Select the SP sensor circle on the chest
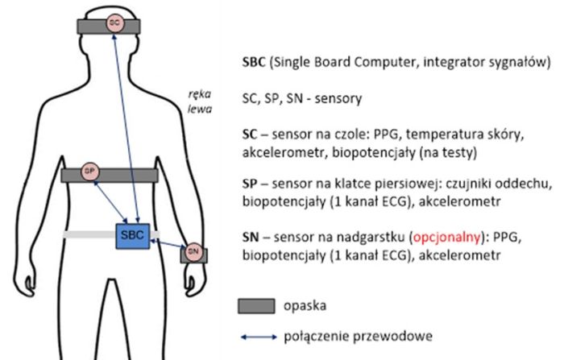pos(90,172)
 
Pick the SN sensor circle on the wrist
pos(192,251)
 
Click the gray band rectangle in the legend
pos(257,307)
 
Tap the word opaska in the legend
pos(301,307)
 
